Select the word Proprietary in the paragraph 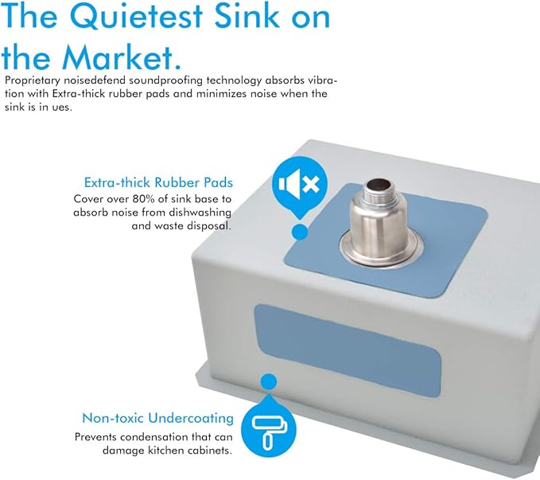(33, 80)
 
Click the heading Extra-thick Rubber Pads (158, 182)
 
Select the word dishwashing (200, 213)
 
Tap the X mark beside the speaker (311, 183)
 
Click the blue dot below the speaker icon (300, 232)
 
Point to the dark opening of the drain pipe (378, 186)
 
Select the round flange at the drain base (381, 249)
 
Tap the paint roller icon (269, 431)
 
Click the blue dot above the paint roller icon (269, 382)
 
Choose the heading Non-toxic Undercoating (157, 418)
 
